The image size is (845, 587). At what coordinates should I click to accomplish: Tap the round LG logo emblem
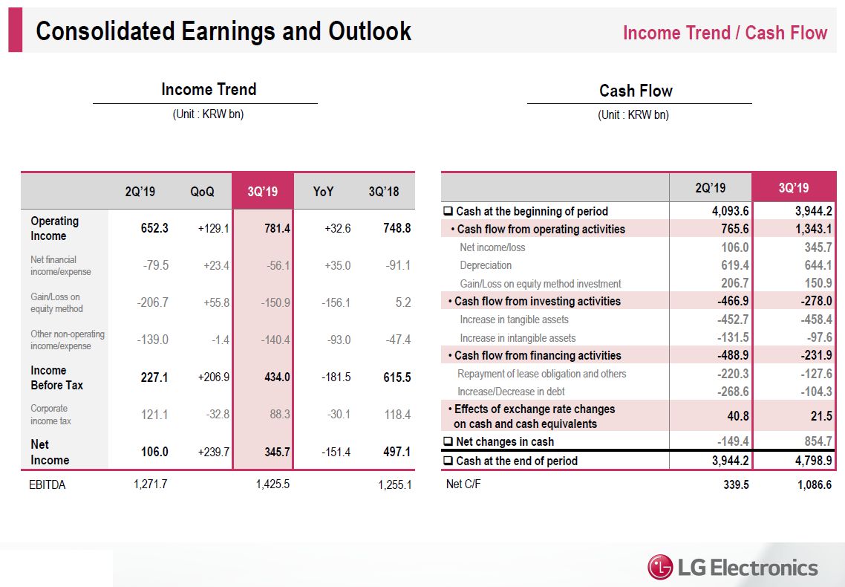click(660, 568)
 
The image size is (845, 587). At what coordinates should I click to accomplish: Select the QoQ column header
click(202, 192)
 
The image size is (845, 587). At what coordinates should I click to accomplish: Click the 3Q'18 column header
click(383, 192)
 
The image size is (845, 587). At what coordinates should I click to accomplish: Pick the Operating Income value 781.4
click(277, 228)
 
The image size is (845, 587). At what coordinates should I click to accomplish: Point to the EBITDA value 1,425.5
click(273, 484)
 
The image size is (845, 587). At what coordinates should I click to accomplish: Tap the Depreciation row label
click(486, 265)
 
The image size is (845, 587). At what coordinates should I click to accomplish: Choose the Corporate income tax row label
click(50, 415)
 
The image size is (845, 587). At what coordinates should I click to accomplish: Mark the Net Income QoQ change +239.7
click(214, 452)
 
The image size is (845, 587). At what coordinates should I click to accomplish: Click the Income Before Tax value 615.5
click(397, 377)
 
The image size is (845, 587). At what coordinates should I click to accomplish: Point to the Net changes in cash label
click(504, 441)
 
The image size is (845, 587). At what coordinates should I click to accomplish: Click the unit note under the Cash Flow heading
click(633, 115)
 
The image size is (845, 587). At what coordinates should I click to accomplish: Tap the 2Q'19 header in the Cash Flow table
click(711, 188)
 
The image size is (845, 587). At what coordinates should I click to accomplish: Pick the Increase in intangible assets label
click(518, 338)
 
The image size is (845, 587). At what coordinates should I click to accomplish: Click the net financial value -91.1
click(399, 265)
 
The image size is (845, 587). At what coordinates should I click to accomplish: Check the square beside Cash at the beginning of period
click(448, 211)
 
